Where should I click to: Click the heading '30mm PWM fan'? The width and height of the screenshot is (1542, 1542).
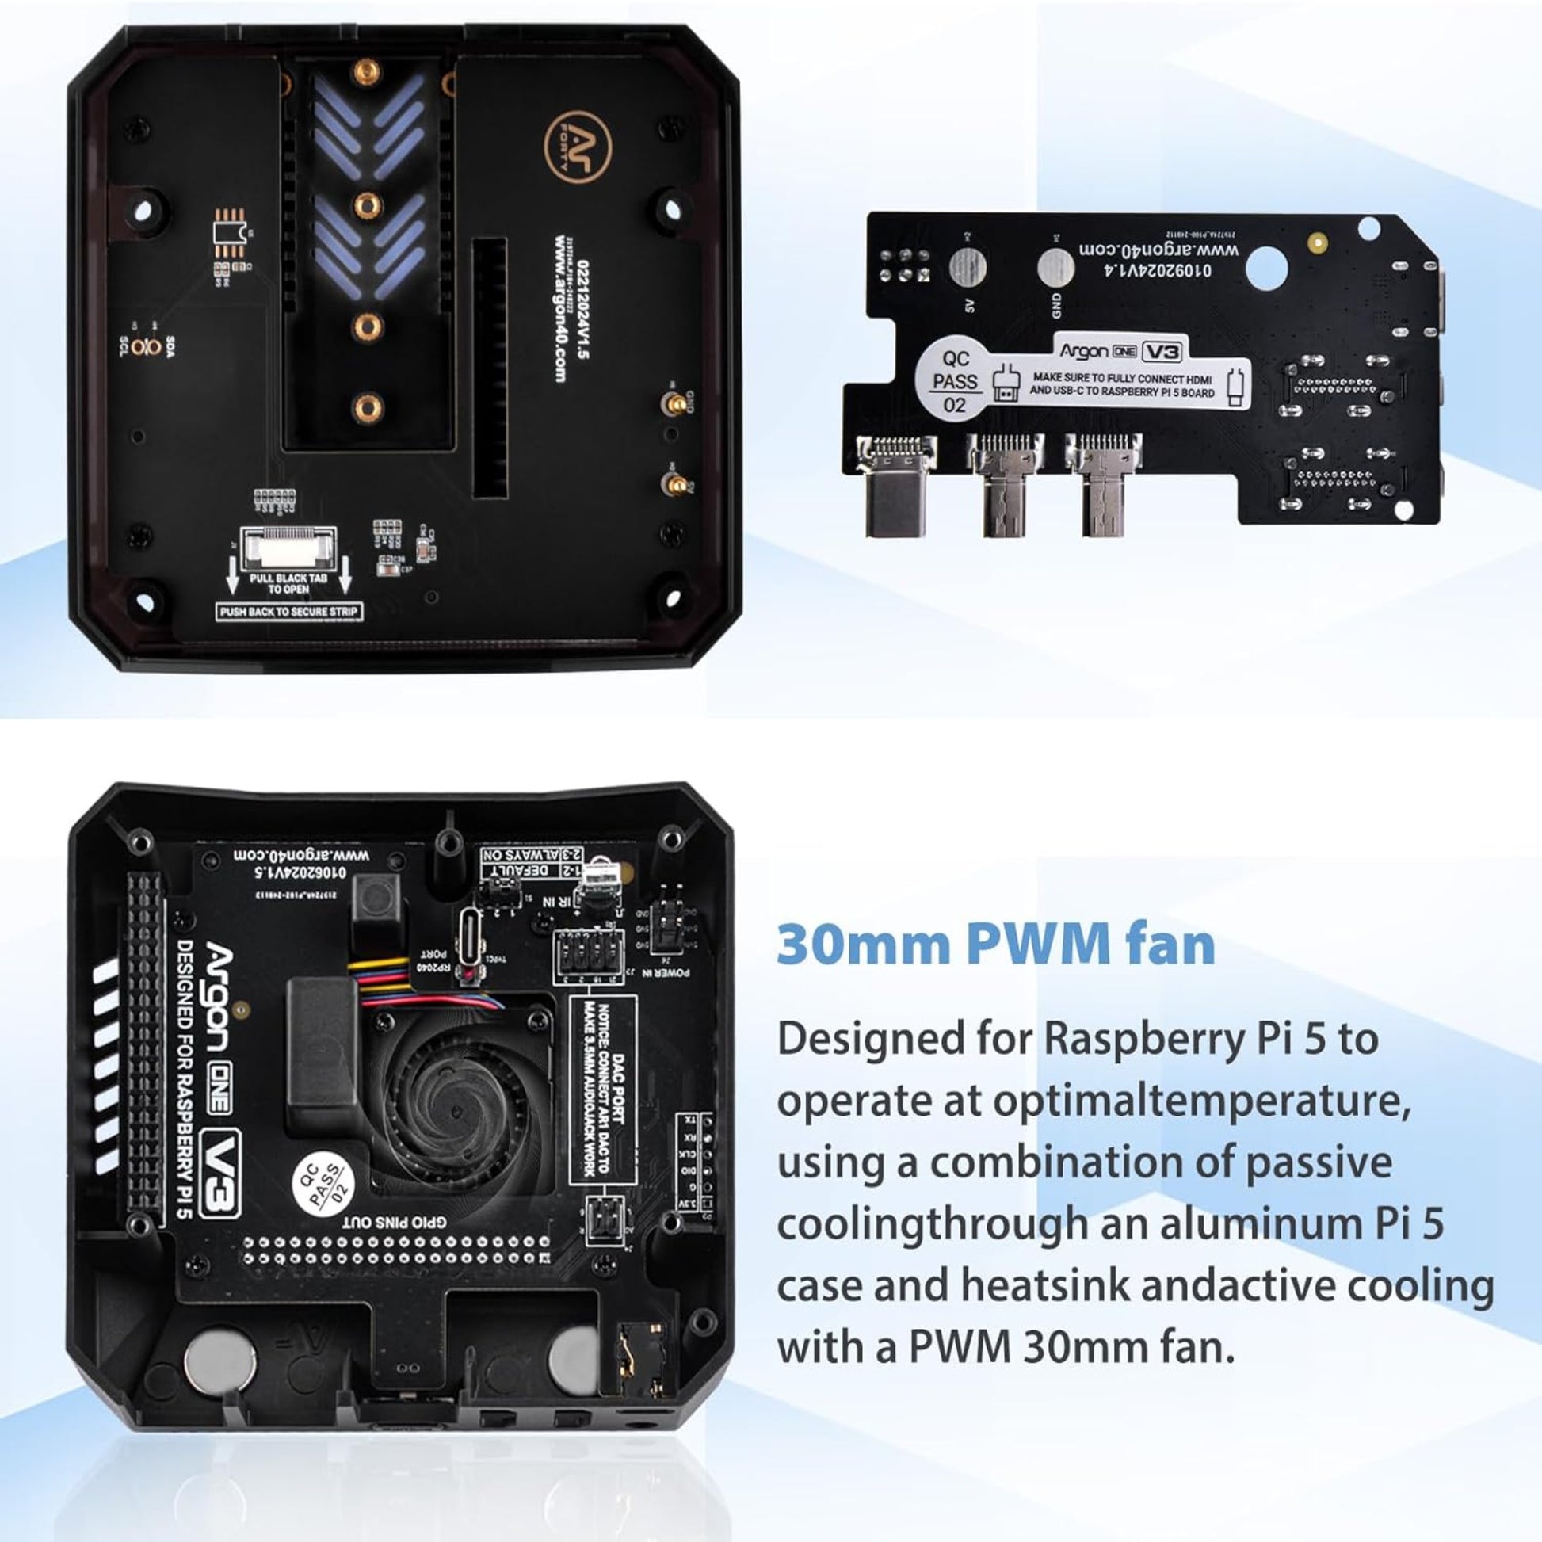coord(995,944)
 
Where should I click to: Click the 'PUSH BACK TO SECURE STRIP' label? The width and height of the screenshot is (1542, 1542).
coord(290,612)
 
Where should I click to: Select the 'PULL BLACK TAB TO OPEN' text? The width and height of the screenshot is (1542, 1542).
coord(288,583)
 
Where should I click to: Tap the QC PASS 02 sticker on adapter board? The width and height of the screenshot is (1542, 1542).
coord(955,381)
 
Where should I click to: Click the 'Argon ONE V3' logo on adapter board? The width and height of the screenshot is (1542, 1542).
coord(1121,350)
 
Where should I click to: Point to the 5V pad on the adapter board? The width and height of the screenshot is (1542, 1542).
coord(968,268)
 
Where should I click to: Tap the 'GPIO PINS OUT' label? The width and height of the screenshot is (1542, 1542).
coord(395,1222)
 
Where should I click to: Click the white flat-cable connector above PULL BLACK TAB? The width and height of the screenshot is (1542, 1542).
coord(289,547)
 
